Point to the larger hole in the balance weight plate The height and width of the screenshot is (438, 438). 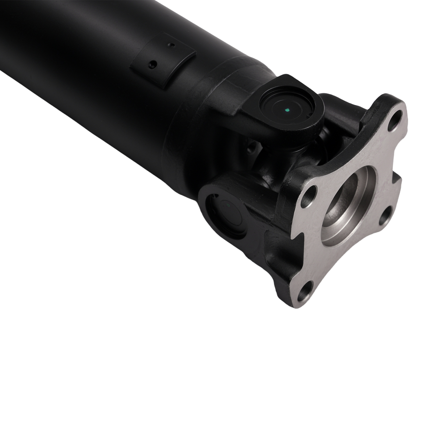pyautogui.click(x=152, y=64)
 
